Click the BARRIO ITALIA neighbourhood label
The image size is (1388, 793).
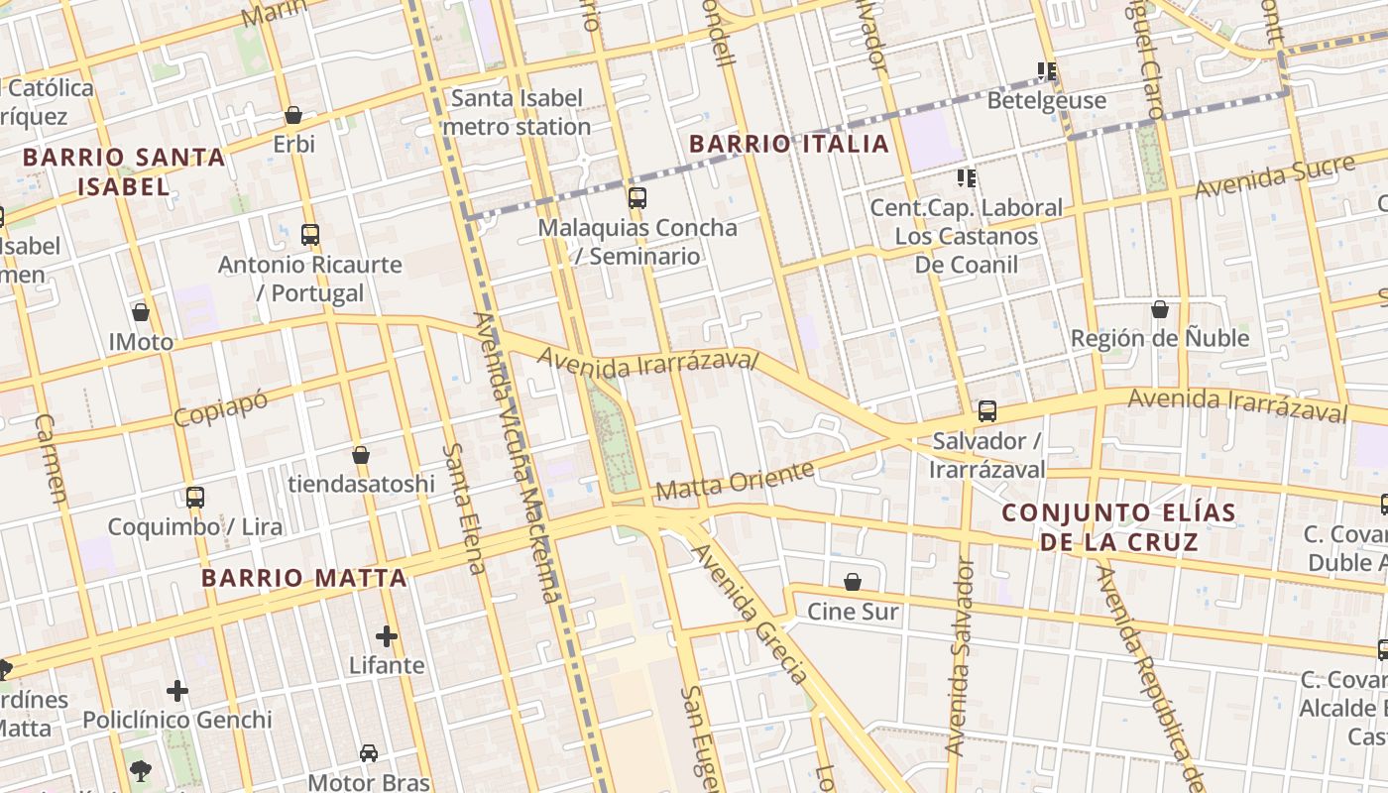pyautogui.click(x=789, y=144)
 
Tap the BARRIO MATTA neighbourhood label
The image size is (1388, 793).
pyautogui.click(x=304, y=578)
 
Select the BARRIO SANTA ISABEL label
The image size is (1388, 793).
pyautogui.click(x=124, y=171)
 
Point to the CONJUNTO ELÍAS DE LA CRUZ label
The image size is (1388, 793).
pyautogui.click(x=1119, y=527)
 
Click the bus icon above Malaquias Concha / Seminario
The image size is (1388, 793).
pyautogui.click(x=637, y=197)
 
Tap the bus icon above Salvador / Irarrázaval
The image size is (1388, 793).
pyautogui.click(x=986, y=410)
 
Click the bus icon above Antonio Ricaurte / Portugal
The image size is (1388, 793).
pyautogui.click(x=310, y=235)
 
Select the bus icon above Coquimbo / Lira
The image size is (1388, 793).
pyautogui.click(x=195, y=497)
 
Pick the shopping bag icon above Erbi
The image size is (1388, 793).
pyautogui.click(x=293, y=115)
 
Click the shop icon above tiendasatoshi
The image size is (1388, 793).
pyautogui.click(x=361, y=455)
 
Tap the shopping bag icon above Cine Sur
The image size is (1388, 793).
pyautogui.click(x=853, y=582)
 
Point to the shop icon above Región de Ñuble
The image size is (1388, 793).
pyautogui.click(x=1160, y=309)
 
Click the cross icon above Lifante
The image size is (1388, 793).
pyautogui.click(x=387, y=635)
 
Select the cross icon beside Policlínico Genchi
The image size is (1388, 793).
pyautogui.click(x=177, y=690)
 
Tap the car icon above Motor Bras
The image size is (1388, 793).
pyautogui.click(x=369, y=753)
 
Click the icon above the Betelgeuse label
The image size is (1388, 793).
pyautogui.click(x=1047, y=71)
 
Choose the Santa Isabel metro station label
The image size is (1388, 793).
pyautogui.click(x=518, y=112)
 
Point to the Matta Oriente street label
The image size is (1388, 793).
pyautogui.click(x=735, y=481)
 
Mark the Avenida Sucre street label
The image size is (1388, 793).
pyautogui.click(x=1274, y=175)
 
